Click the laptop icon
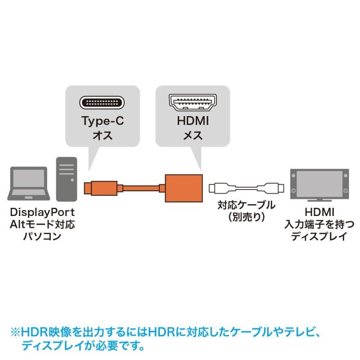pyautogui.click(x=29, y=184)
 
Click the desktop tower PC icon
pyautogui.click(x=67, y=179)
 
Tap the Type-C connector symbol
pyautogui.click(x=102, y=103)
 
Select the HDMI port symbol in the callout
pyautogui.click(x=193, y=103)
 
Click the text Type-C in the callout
pyautogui.click(x=103, y=121)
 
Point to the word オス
pyautogui.click(x=103, y=135)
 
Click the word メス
pyautogui.click(x=193, y=135)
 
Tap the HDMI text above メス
pyautogui.click(x=193, y=121)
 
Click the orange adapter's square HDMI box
pyautogui.click(x=184, y=188)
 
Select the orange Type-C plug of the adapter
pyautogui.click(x=101, y=188)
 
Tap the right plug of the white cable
pyautogui.click(x=271, y=188)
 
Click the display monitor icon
pyautogui.click(x=319, y=185)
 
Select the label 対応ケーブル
pyautogui.click(x=246, y=205)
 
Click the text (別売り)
pyautogui.click(x=247, y=217)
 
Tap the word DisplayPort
pyautogui.click(x=42, y=212)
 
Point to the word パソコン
pyautogui.click(x=42, y=236)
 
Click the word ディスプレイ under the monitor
pyautogui.click(x=319, y=236)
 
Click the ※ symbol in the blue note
pyautogui.click(x=15, y=332)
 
